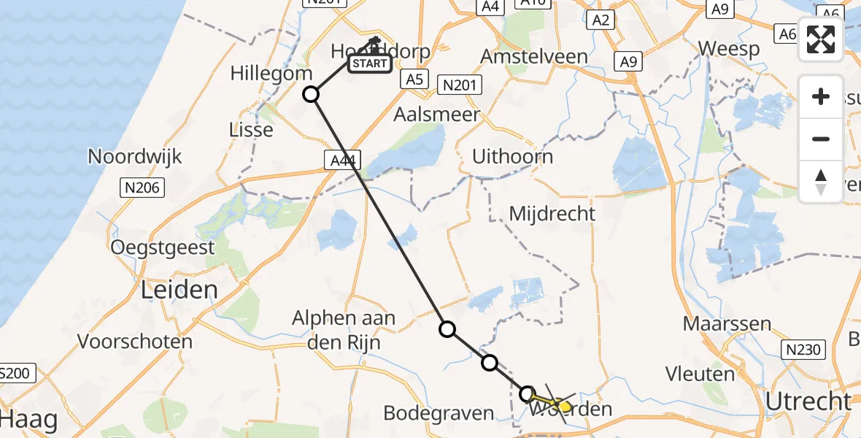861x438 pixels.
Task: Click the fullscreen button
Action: click(x=821, y=39)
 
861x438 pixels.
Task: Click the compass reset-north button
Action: click(x=821, y=182)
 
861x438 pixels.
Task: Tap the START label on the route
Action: click(x=369, y=64)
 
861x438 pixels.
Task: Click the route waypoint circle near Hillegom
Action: click(x=311, y=94)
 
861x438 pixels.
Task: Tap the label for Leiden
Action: click(x=179, y=290)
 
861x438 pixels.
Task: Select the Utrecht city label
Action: click(x=809, y=401)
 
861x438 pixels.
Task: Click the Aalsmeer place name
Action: click(x=437, y=114)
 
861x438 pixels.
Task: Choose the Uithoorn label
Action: click(x=512, y=156)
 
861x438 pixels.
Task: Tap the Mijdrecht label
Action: click(x=552, y=214)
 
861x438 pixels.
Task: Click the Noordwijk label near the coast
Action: click(x=135, y=156)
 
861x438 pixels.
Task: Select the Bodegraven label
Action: click(x=439, y=413)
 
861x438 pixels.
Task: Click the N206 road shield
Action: click(x=142, y=188)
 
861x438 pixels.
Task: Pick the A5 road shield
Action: click(x=414, y=79)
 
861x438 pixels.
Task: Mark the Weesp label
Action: click(x=729, y=49)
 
